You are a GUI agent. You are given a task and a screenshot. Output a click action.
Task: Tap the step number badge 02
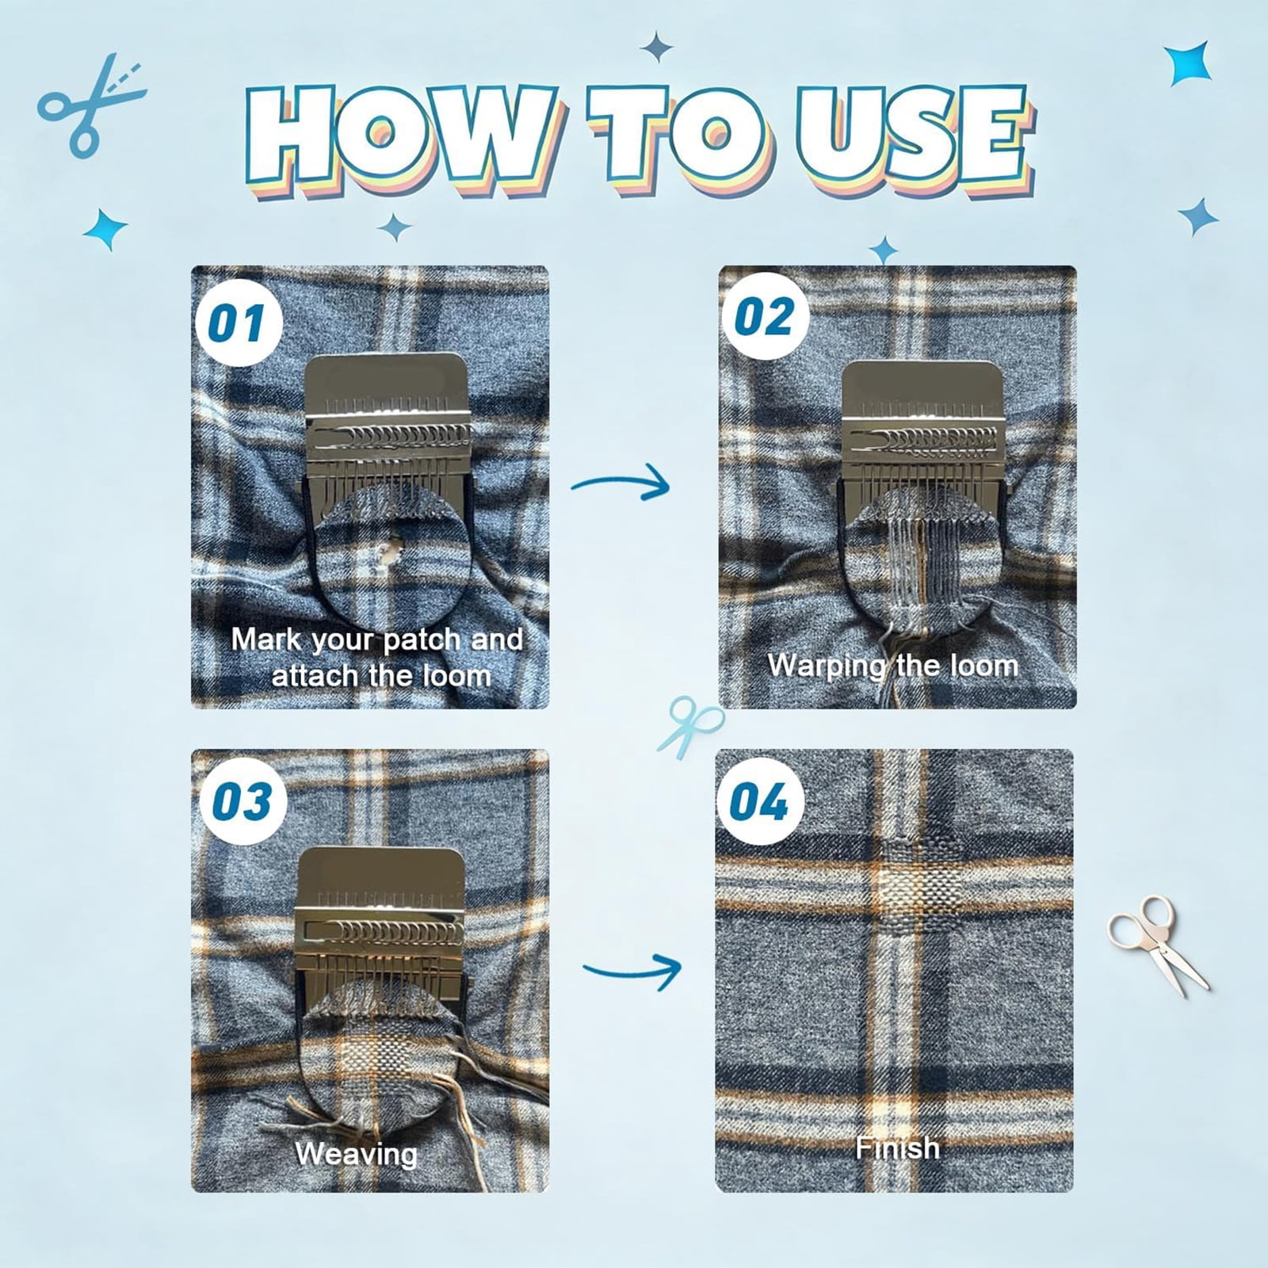click(765, 317)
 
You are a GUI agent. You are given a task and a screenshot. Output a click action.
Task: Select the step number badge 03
click(242, 801)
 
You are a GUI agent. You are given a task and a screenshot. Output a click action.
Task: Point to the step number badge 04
click(760, 801)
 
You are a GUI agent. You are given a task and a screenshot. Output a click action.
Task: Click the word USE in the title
click(915, 135)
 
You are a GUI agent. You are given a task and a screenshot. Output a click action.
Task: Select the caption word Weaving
click(357, 1154)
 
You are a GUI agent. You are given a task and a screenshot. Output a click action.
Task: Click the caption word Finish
click(897, 1147)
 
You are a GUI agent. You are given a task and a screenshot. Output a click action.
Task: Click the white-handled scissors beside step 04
click(1157, 944)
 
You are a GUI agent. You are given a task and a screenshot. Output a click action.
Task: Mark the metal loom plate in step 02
click(922, 431)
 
